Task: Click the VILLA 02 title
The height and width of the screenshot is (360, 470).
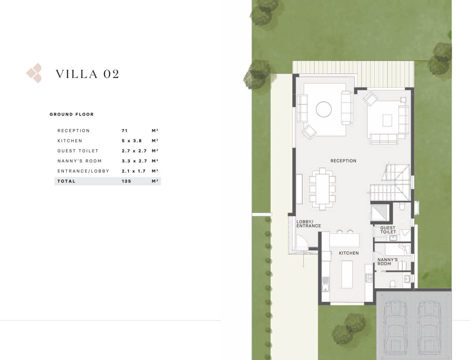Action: [88, 74]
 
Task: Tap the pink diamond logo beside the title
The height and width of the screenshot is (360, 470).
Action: [34, 73]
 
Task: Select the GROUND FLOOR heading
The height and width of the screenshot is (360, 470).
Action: [72, 114]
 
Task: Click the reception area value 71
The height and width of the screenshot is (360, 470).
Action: [125, 131]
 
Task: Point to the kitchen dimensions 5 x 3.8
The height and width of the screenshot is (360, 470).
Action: [132, 141]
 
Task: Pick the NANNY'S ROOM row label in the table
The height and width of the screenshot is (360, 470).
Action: [80, 161]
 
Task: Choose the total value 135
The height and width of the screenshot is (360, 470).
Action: [127, 181]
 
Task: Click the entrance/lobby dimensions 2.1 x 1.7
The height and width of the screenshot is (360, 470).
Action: [134, 171]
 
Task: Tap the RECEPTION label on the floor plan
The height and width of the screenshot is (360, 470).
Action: [343, 161]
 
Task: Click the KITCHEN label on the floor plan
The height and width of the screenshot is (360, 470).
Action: [349, 253]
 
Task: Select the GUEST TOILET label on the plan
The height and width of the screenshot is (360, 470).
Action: [388, 230]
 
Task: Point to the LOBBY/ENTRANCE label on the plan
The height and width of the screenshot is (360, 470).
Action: [309, 224]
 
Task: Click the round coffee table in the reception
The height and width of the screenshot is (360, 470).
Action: [324, 109]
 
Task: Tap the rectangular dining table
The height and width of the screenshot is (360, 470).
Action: [322, 188]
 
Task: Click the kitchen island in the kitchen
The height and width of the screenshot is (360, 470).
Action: [347, 274]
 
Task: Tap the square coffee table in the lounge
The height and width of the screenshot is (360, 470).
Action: [387, 121]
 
